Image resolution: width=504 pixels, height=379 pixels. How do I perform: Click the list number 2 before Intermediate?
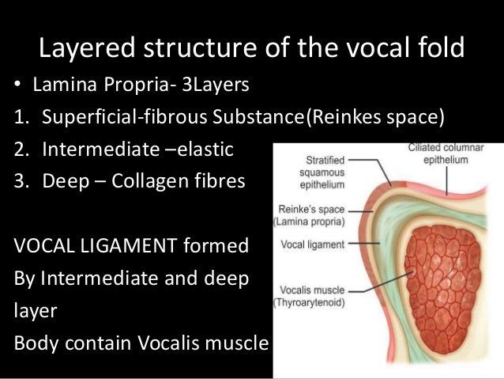pyautogui.click(x=19, y=150)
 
